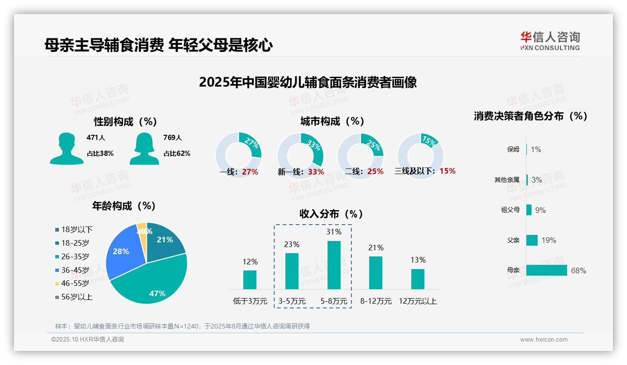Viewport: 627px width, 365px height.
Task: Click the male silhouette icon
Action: tap(66, 148)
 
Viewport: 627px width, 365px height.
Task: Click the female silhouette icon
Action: tap(144, 148)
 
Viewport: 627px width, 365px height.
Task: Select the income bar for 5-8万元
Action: tap(334, 265)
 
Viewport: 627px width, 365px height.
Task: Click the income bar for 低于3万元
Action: tap(250, 279)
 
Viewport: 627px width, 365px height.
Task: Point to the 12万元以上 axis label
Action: tap(417, 301)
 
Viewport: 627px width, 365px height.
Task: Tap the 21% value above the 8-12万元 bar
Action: tap(376, 248)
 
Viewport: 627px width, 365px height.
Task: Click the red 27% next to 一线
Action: tap(250, 172)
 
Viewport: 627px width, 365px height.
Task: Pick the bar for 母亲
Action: tap(546, 270)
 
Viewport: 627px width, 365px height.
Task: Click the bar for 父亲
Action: tap(532, 240)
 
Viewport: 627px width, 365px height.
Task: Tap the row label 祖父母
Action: tap(510, 210)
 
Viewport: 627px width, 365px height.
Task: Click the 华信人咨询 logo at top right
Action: tap(550, 41)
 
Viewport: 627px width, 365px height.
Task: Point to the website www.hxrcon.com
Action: tap(543, 340)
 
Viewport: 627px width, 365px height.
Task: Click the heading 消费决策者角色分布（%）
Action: tap(530, 116)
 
